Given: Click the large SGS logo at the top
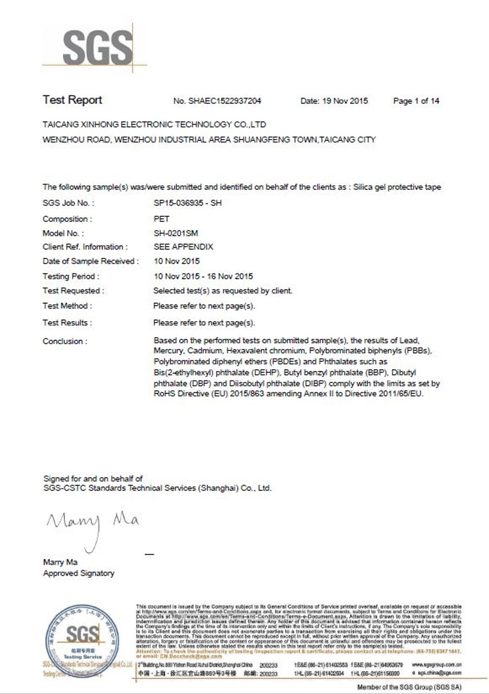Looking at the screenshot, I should click(x=97, y=48).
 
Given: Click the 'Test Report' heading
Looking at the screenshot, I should click(x=72, y=100).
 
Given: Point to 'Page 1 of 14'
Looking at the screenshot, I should click(x=416, y=101).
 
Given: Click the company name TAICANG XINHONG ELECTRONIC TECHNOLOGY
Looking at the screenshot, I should click(x=154, y=124).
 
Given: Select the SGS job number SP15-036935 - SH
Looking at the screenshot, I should click(x=188, y=203).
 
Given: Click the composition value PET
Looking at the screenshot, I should click(x=161, y=219).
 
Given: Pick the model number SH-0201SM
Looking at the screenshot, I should click(x=176, y=233).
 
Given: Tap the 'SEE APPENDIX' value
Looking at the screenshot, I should click(x=183, y=247).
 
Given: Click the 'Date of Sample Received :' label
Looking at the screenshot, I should click(x=90, y=261).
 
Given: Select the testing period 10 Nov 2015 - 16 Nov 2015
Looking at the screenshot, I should click(x=203, y=276).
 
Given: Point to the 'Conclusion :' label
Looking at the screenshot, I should click(x=65, y=342).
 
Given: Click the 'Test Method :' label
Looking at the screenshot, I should click(x=67, y=306).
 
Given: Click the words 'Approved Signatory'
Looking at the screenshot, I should click(x=78, y=573).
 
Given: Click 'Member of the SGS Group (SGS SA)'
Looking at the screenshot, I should click(x=409, y=687).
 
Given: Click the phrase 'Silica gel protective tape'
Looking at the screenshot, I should click(x=397, y=187).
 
